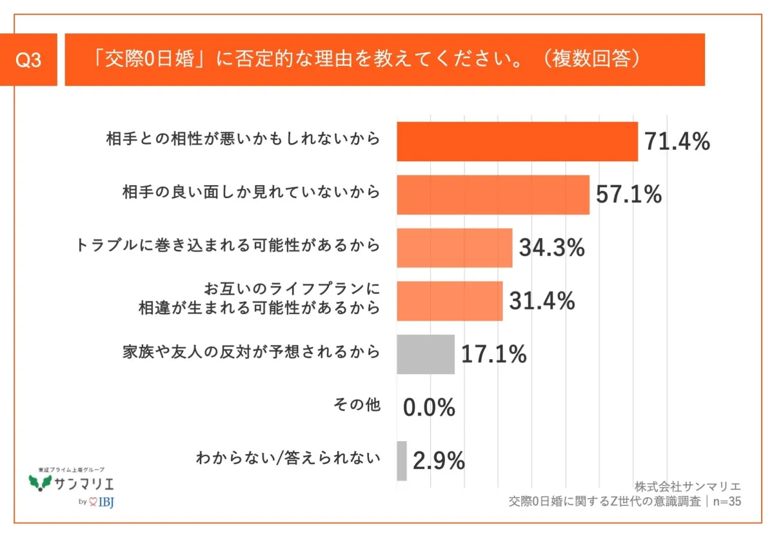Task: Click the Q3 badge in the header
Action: pyautogui.click(x=28, y=60)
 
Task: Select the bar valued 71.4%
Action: pyautogui.click(x=517, y=141)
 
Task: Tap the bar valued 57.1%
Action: pyautogui.click(x=493, y=194)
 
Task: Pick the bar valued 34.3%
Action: pyautogui.click(x=454, y=248)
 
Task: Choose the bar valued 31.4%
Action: pyautogui.click(x=450, y=301)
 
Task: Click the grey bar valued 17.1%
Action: pyautogui.click(x=425, y=354)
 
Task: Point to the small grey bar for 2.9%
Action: pyautogui.click(x=402, y=461)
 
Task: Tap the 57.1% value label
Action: pyautogui.click(x=629, y=194)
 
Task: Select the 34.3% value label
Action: pyautogui.click(x=551, y=248)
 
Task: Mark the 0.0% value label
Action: pyautogui.click(x=430, y=408)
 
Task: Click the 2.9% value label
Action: pyautogui.click(x=439, y=461)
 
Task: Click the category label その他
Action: pyautogui.click(x=357, y=405)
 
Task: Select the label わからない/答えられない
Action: pyautogui.click(x=288, y=459)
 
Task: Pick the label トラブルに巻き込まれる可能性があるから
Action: pyautogui.click(x=228, y=246)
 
